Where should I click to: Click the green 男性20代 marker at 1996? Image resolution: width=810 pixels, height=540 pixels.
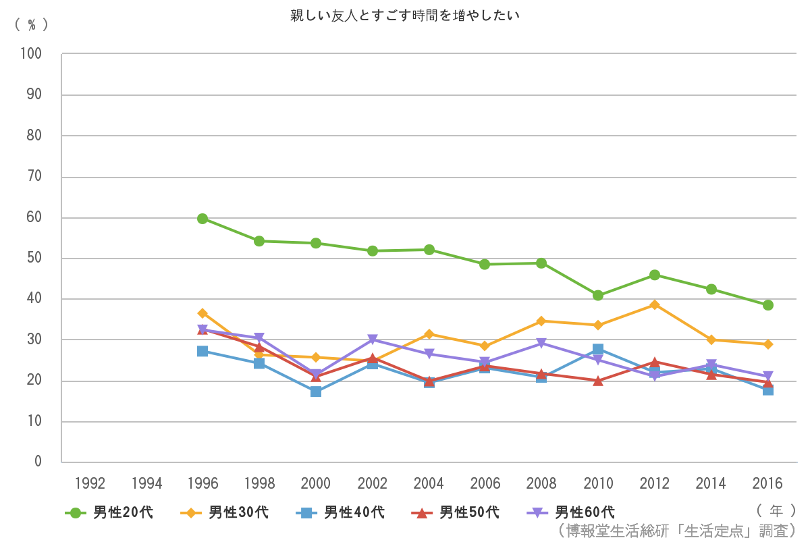(x=202, y=219)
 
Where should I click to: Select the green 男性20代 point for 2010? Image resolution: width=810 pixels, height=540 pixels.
(x=598, y=296)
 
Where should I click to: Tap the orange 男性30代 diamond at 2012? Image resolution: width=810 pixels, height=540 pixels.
(x=654, y=305)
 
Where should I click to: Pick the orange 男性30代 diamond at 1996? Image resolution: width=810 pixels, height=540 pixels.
(x=202, y=313)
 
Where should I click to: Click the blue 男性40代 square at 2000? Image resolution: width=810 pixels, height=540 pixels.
(x=316, y=391)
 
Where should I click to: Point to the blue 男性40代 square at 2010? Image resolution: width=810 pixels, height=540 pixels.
(x=598, y=350)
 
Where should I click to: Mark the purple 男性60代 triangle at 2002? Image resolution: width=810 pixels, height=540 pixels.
(x=372, y=340)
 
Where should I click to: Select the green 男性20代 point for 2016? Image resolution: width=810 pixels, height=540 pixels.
(x=767, y=305)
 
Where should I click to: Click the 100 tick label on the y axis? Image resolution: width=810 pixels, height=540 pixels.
(x=31, y=54)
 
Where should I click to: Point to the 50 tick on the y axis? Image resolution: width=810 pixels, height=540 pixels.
(x=34, y=259)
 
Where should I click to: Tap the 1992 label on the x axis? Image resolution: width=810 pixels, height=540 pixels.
(x=90, y=483)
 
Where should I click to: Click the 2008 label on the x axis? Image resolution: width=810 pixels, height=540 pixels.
(x=541, y=483)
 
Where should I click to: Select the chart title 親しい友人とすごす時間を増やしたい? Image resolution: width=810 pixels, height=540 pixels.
(x=405, y=16)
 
